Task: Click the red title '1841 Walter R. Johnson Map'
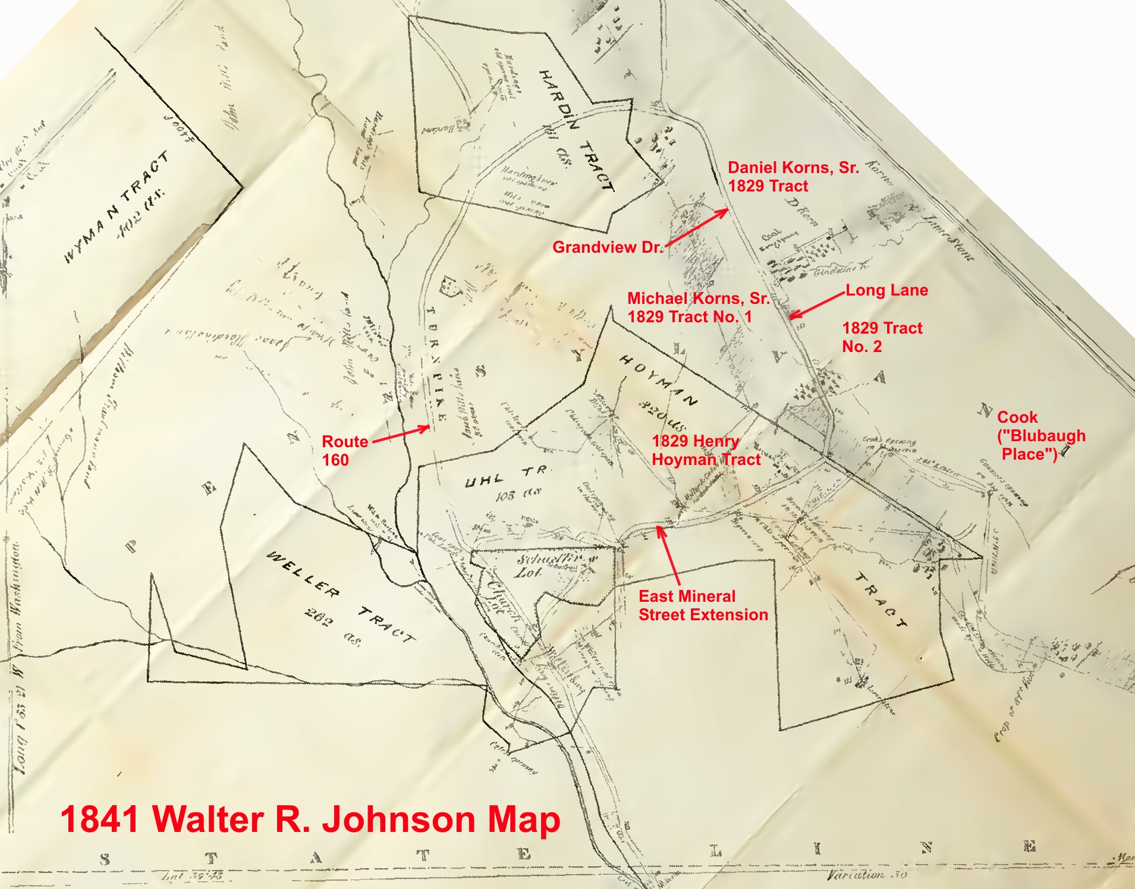[x=310, y=819]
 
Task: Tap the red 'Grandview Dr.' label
[x=607, y=247]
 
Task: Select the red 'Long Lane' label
[x=886, y=290]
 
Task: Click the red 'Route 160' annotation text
[x=344, y=450]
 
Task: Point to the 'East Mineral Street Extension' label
[x=703, y=605]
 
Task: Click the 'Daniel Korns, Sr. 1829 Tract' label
[x=793, y=177]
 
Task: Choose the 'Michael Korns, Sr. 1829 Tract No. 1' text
[x=698, y=307]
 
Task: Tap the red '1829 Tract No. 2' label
[x=882, y=337]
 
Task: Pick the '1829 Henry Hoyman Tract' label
[x=706, y=450]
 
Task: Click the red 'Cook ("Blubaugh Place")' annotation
[x=1040, y=436]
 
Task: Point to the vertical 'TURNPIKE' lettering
[x=436, y=363]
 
